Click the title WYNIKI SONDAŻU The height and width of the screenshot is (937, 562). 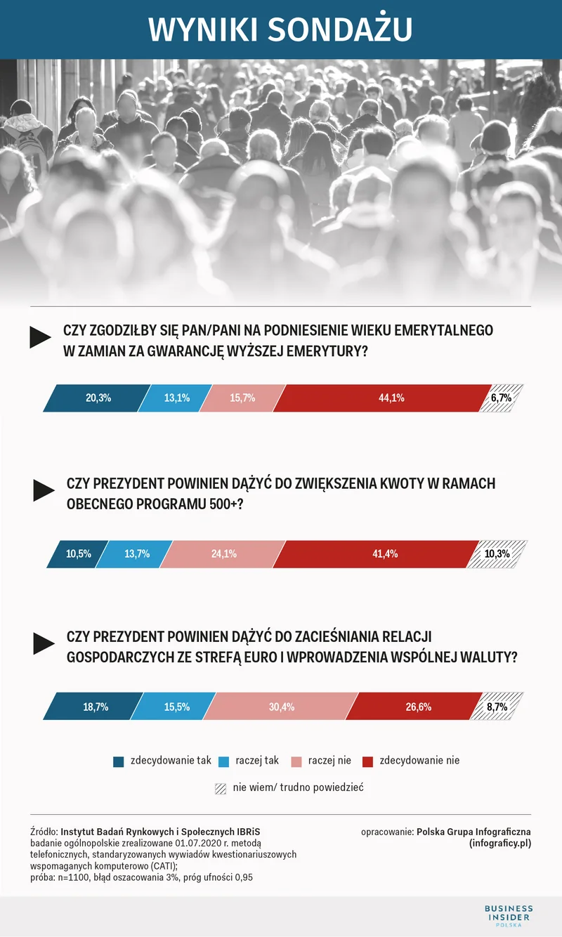(280, 29)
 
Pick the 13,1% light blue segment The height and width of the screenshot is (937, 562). (176, 398)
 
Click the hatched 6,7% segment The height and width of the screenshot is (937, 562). (502, 398)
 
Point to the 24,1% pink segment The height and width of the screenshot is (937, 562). (223, 553)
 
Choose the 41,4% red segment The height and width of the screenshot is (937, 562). (379, 553)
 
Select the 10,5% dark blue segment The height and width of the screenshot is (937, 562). (78, 553)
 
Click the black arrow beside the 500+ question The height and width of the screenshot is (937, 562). (44, 490)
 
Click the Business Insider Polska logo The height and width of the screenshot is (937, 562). (509, 916)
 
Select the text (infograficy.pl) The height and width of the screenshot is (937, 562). (499, 844)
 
